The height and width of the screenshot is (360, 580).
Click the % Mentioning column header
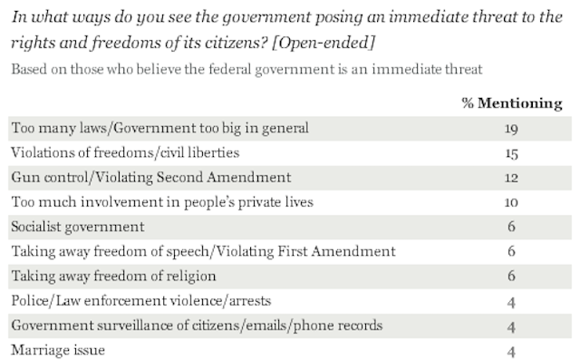point(512,103)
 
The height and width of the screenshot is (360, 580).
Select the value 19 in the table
point(511,129)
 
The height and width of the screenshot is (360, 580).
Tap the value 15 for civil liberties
point(511,153)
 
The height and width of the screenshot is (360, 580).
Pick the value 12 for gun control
point(511,178)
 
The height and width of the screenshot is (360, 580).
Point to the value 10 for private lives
point(511,202)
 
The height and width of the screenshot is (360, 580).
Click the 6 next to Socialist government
point(511,227)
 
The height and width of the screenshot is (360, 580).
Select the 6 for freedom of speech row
point(511,251)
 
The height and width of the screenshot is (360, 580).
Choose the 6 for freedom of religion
point(511,276)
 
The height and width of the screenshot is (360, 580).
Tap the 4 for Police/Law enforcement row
point(511,302)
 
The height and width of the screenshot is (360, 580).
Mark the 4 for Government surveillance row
point(511,327)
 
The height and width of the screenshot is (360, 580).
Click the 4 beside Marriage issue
point(511,352)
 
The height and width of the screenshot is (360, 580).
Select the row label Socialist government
point(78,227)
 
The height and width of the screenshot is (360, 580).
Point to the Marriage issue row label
point(58,350)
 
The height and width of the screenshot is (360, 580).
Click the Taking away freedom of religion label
point(113,277)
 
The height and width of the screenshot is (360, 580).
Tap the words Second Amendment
point(224,177)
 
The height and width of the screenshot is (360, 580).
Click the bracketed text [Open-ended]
point(324,43)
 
